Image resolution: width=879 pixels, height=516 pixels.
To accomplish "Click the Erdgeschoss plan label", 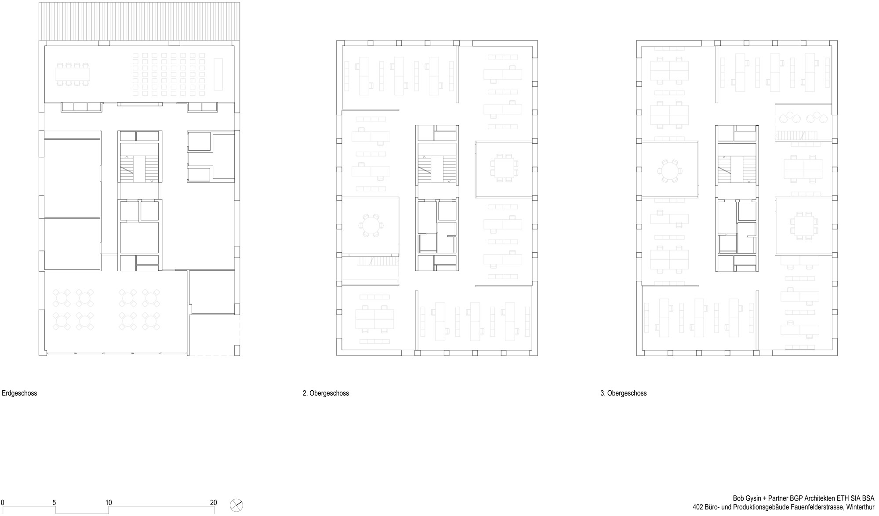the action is coord(19,393).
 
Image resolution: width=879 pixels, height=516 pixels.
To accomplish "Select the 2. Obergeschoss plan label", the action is coord(326,393).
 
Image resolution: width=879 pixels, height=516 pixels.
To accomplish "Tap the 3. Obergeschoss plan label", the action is coord(624,393).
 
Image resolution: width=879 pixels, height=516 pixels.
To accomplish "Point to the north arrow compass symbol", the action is coord(236,505).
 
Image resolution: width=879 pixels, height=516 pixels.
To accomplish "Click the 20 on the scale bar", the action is coord(213,503).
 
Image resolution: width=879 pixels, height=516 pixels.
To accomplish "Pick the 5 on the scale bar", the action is coord(54,503).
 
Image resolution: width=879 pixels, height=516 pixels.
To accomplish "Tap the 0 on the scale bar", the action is coord(3,503).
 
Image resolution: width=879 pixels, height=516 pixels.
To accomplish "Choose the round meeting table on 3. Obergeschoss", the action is coord(668,171).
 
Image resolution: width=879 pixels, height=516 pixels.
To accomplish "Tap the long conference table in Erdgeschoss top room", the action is coord(73,74).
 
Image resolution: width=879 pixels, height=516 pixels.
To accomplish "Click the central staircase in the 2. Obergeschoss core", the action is coord(437,169).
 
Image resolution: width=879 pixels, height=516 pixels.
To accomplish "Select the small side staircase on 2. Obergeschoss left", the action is coord(377,262).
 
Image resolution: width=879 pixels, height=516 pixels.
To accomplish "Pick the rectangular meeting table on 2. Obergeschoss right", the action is coord(504,167).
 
